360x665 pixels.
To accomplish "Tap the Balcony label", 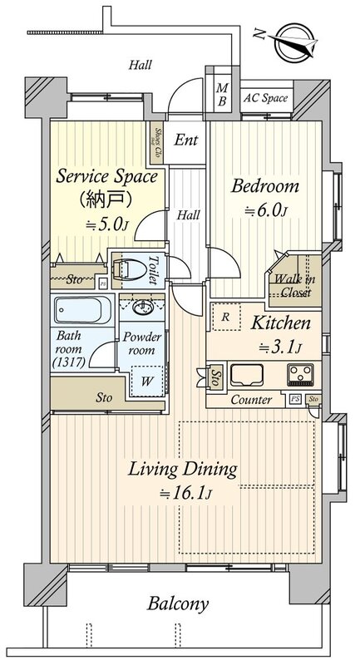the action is (x=178, y=604).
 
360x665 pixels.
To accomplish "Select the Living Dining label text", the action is (x=182, y=470).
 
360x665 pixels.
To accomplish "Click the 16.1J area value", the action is (x=185, y=493).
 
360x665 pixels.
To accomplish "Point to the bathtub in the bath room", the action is (x=83, y=310).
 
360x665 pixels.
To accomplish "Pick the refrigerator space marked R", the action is (x=226, y=317).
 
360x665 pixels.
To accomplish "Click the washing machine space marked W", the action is (x=146, y=381).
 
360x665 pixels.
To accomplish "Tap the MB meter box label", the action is (x=222, y=95).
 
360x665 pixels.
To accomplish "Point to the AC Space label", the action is (x=265, y=98).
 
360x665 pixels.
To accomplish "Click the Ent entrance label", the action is (x=186, y=140).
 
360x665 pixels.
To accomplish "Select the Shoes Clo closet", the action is (x=158, y=142).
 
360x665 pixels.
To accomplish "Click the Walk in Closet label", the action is (x=293, y=286).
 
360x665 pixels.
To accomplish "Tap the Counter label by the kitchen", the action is (x=251, y=400).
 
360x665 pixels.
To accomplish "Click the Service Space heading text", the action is (x=106, y=176).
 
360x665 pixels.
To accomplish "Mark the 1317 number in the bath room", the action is (x=69, y=362).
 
